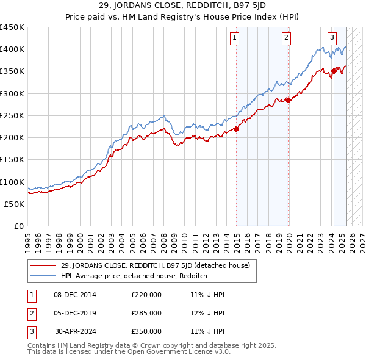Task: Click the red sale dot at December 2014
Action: (237, 129)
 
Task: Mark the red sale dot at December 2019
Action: (288, 100)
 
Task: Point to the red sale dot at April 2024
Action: (333, 71)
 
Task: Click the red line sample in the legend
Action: (43, 265)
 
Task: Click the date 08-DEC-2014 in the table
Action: (74, 295)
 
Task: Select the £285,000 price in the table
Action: (146, 313)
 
